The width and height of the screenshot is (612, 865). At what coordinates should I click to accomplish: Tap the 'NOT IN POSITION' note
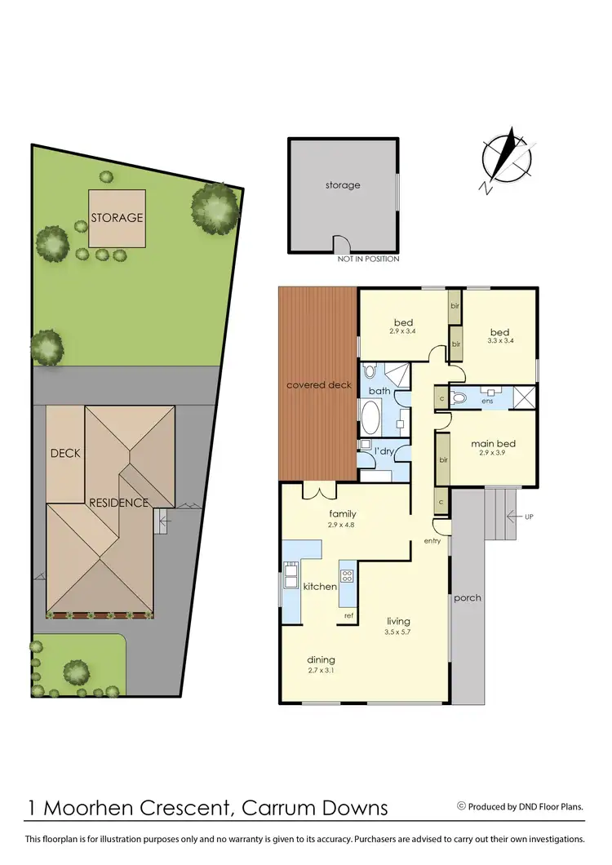(368, 259)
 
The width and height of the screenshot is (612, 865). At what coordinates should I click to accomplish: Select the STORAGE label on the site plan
(117, 218)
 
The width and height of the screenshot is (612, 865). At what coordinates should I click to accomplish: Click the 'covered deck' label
(318, 385)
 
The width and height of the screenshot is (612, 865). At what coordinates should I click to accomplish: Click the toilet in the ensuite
(459, 399)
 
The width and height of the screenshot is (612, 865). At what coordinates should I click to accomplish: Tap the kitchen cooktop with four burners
(346, 576)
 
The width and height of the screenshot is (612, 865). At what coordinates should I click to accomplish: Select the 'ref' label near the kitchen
(348, 614)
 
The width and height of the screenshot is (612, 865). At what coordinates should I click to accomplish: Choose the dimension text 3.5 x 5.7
(398, 632)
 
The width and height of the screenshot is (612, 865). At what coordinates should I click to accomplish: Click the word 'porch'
(468, 598)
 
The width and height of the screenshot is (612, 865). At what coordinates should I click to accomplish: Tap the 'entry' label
(432, 541)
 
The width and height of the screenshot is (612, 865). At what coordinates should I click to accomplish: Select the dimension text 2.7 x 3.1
(321, 671)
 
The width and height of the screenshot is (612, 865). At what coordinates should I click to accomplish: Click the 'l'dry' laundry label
(384, 450)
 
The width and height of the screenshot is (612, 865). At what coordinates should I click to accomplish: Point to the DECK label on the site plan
(65, 453)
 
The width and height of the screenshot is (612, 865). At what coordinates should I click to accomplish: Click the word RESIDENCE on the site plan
(119, 503)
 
